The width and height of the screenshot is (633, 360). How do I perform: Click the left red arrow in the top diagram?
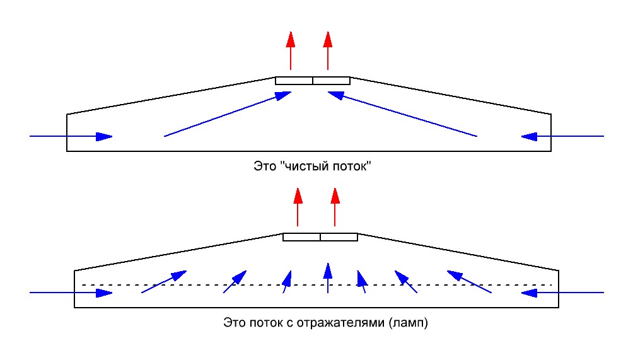click(291, 51)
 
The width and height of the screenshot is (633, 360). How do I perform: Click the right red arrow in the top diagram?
click(328, 51)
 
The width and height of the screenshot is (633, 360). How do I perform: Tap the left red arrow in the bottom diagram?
click(298, 207)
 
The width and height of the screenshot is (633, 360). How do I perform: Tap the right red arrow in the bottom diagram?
click(335, 207)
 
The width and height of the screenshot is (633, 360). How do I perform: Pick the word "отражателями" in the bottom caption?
click(340, 323)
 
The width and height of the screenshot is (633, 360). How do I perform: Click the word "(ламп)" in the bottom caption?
click(409, 323)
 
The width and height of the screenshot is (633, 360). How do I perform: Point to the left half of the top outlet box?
click(294, 81)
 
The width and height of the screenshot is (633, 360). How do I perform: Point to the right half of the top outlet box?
click(332, 81)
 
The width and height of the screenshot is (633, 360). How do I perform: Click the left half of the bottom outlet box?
click(301, 237)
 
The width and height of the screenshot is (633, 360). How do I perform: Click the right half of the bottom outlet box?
click(339, 237)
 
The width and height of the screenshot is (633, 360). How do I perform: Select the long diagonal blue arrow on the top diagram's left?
click(228, 114)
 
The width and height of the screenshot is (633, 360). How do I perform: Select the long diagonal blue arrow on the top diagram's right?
click(402, 114)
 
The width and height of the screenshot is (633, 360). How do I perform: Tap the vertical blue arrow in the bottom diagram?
click(328, 277)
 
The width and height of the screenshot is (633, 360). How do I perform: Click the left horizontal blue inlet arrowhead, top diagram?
click(104, 136)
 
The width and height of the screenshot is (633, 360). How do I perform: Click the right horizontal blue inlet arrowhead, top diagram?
click(529, 136)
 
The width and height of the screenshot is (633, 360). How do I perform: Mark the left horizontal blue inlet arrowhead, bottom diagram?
click(104, 293)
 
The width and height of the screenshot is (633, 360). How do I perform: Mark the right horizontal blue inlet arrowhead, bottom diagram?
click(529, 293)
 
